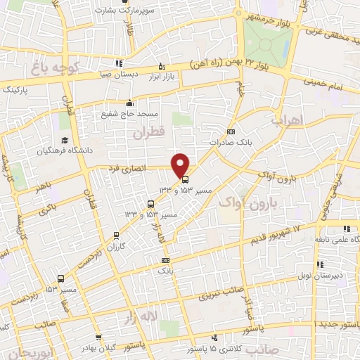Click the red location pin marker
[x=181, y=165]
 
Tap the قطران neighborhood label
[x=146, y=131]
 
